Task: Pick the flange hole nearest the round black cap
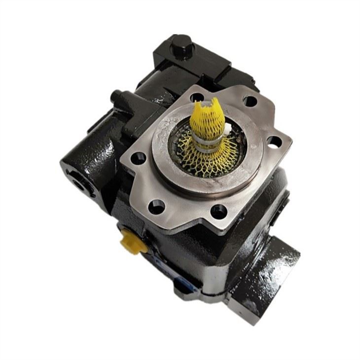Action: tap(198, 97)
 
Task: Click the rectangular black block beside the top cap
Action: tap(217, 69)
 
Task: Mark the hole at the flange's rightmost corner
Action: tap(274, 142)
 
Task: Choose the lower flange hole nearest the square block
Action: tap(218, 213)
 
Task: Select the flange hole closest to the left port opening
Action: tap(140, 159)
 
